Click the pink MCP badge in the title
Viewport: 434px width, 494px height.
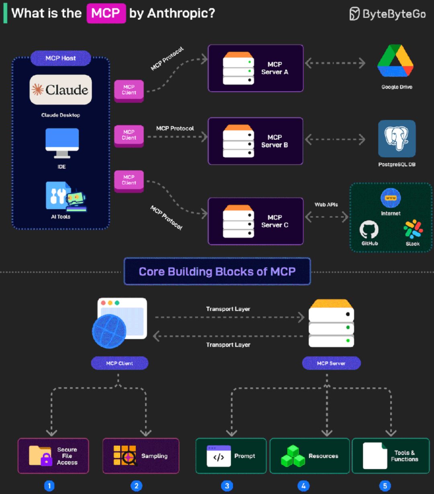(x=106, y=13)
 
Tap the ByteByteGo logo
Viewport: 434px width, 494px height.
(x=388, y=14)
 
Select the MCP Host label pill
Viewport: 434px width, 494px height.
(x=61, y=58)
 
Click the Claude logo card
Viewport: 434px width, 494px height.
(x=61, y=90)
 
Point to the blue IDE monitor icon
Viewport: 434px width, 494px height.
(x=62, y=143)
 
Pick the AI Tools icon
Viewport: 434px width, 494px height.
(x=66, y=196)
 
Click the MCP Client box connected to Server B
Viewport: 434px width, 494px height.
(x=129, y=136)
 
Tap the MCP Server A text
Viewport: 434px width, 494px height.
(x=275, y=68)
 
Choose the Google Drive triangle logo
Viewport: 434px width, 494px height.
(x=395, y=61)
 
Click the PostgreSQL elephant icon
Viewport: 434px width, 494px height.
(x=397, y=139)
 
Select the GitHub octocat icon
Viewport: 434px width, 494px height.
(x=369, y=229)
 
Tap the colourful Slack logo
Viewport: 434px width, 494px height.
(x=413, y=229)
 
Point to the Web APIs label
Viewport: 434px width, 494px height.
(x=326, y=204)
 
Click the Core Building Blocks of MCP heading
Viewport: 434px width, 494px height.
(x=217, y=271)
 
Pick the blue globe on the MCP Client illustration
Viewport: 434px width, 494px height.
(x=109, y=331)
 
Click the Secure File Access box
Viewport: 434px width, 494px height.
(x=53, y=456)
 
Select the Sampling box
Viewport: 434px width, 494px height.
(x=141, y=456)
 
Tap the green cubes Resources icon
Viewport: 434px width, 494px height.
(x=293, y=456)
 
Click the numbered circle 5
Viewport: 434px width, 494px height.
(x=385, y=486)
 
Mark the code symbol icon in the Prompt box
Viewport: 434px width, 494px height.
(x=219, y=456)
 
